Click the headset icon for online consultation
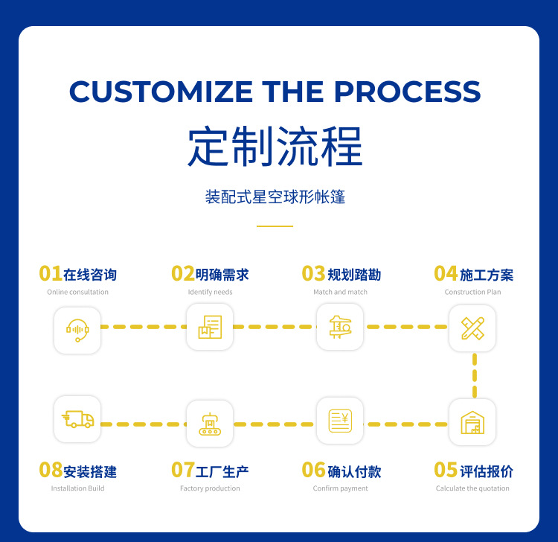[77, 329]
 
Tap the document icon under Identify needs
[210, 327]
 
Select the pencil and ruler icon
[472, 328]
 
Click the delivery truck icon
[77, 419]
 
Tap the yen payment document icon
[340, 421]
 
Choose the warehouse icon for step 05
[472, 422]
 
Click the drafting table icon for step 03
[340, 327]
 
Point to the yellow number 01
[51, 273]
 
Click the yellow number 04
[445, 273]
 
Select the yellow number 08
[51, 470]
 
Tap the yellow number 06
[313, 470]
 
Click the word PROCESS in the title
[407, 92]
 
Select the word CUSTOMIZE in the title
[161, 92]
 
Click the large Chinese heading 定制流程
[275, 147]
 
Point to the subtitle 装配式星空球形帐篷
[275, 197]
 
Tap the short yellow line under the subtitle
[275, 226]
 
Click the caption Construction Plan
[472, 292]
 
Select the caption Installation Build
[77, 488]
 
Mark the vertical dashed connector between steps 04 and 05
[475, 375]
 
